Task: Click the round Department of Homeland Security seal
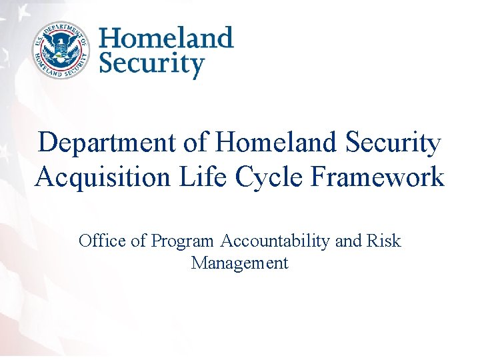60,50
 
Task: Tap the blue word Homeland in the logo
166,38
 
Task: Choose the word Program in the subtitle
183,241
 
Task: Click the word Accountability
275,241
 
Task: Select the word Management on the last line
239,263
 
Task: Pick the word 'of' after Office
139,241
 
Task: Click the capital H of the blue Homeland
111,38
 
